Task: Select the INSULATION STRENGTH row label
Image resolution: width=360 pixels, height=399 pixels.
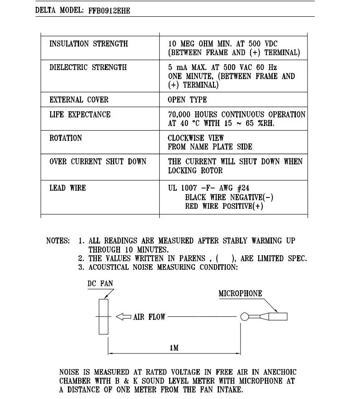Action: [89, 44]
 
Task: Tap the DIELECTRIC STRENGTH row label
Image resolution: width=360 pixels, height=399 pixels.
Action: [88, 67]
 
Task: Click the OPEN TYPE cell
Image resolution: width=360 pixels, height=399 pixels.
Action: [187, 100]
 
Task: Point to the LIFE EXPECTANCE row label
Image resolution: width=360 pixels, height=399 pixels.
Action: [80, 114]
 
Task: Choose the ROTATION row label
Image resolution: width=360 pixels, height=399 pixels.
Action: [66, 138]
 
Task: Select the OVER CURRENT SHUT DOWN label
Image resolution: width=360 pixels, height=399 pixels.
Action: [98, 161]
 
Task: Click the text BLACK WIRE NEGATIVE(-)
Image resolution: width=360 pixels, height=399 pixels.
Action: [229, 197]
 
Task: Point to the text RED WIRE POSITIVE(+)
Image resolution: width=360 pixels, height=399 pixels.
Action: [224, 206]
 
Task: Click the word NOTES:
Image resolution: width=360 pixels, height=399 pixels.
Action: [58, 241]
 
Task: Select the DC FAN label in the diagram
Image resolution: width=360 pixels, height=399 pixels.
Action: [100, 283]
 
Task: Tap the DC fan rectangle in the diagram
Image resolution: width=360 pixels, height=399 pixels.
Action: [104, 316]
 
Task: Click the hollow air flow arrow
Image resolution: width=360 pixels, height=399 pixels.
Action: [123, 317]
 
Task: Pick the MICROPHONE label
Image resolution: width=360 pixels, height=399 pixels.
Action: [240, 294]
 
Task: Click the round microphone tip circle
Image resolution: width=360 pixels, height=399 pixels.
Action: [245, 317]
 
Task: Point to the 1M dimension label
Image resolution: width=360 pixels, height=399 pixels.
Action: [174, 347]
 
